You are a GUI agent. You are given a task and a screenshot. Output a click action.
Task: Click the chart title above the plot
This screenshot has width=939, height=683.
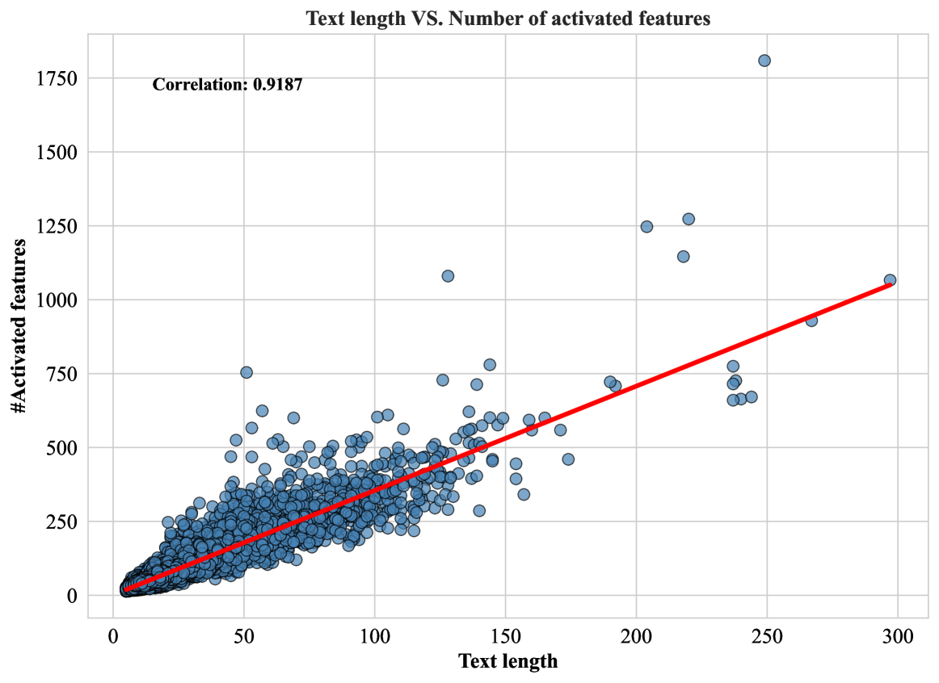pyautogui.click(x=507, y=19)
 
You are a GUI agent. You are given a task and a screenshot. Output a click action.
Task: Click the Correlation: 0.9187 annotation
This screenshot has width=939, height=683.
pyautogui.click(x=227, y=84)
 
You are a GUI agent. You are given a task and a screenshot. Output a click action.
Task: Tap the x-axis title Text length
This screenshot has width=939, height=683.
pyautogui.click(x=507, y=661)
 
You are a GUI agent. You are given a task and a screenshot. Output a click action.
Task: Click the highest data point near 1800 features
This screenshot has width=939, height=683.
pyautogui.click(x=764, y=61)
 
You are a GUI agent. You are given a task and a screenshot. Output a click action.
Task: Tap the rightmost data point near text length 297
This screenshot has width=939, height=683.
pyautogui.click(x=890, y=280)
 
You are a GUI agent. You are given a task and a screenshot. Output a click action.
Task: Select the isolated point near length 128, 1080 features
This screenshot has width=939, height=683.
pyautogui.click(x=448, y=276)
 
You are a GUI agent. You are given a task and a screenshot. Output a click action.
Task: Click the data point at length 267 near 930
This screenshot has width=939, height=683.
pyautogui.click(x=811, y=321)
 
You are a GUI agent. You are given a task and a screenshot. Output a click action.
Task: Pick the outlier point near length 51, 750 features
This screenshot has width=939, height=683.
pyautogui.click(x=246, y=372)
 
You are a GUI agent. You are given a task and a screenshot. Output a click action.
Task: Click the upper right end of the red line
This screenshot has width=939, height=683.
pyautogui.click(x=890, y=285)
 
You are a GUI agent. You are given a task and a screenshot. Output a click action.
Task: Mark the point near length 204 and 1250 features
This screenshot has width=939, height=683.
pyautogui.click(x=646, y=227)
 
